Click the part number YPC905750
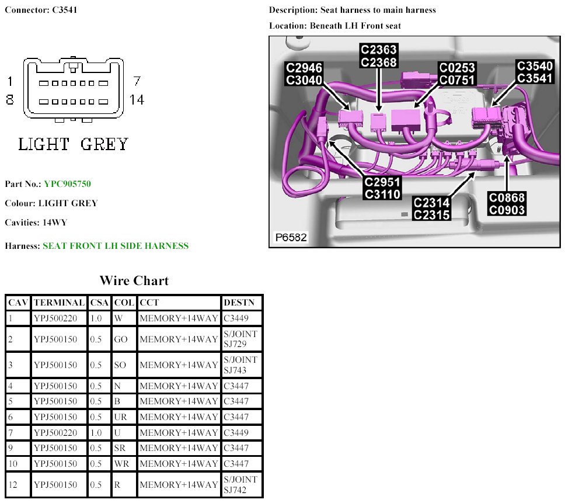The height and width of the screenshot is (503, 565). (67, 184)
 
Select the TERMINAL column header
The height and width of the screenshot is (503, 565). (59, 303)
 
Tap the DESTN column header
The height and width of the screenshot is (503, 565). (239, 303)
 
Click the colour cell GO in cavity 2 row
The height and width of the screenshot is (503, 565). (121, 339)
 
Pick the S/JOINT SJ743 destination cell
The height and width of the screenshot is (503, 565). (240, 365)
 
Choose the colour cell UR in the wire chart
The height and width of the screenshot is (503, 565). (120, 417)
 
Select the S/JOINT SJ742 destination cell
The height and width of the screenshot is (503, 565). (240, 485)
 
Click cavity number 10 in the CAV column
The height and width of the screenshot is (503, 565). (13, 464)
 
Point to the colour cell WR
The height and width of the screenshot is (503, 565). (121, 464)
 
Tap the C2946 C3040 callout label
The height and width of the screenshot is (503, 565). (304, 74)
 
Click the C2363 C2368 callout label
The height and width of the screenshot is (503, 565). (379, 56)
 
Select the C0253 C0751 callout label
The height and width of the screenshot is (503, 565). (457, 74)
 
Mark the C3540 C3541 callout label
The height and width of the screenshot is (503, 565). (535, 72)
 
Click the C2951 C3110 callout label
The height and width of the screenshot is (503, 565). (382, 188)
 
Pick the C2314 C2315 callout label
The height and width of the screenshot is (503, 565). (432, 209)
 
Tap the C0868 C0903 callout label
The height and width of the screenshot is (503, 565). (507, 204)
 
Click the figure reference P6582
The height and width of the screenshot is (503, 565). (291, 238)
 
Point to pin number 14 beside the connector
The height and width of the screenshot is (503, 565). (137, 100)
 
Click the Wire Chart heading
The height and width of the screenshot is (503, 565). (134, 280)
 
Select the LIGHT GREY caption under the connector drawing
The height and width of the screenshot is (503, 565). (74, 144)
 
